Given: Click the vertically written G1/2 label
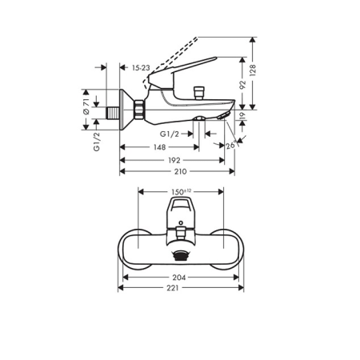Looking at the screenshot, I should tap(96, 140).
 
